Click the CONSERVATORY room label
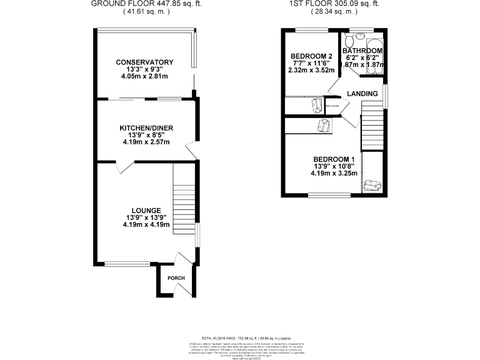tap(144, 62)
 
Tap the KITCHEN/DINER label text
tap(146, 128)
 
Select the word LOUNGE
tap(146, 210)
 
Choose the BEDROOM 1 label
tap(334, 159)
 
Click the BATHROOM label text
tap(362, 51)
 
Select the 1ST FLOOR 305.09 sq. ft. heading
tap(334, 3)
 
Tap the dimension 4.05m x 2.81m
tap(144, 76)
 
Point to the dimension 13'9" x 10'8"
tap(334, 166)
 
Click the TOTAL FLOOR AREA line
tap(239, 336)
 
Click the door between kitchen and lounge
tap(124, 166)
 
